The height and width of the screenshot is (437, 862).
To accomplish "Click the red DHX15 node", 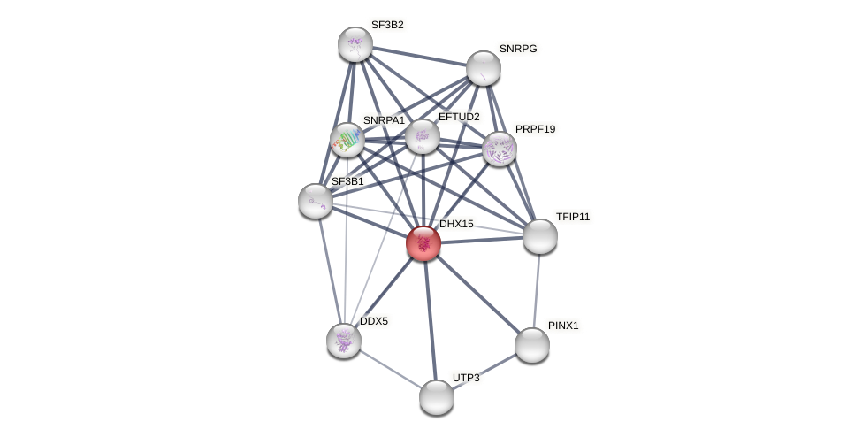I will click(x=423, y=243).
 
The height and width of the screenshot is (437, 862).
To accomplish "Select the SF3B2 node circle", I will click(x=355, y=44).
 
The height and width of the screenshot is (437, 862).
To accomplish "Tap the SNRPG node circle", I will click(x=484, y=68).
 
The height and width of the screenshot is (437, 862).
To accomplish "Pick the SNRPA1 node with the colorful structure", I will click(x=347, y=140).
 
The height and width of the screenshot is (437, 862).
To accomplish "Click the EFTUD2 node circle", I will click(x=423, y=136).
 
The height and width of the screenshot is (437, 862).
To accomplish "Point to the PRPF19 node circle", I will click(x=500, y=149).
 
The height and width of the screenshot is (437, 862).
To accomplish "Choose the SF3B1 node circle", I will click(x=316, y=201).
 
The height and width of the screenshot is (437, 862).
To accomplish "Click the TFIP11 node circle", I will click(x=540, y=236).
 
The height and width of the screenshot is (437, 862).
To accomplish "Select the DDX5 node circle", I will click(x=344, y=341).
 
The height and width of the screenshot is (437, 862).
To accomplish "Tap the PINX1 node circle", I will click(x=532, y=345).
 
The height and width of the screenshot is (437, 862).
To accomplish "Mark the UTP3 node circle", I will click(x=437, y=397).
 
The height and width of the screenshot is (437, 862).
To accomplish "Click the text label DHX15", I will click(x=456, y=224).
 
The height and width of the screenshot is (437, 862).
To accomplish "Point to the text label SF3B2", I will click(x=387, y=25).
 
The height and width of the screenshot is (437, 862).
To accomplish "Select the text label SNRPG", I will click(x=518, y=49).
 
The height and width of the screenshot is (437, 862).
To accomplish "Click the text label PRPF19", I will click(x=536, y=129).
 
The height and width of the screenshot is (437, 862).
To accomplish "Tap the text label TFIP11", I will click(x=573, y=217).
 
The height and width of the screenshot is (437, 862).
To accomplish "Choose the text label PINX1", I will click(x=563, y=326).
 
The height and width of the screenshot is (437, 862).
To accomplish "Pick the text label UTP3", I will click(x=466, y=378).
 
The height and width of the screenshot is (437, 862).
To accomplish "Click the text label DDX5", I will click(x=374, y=321).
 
